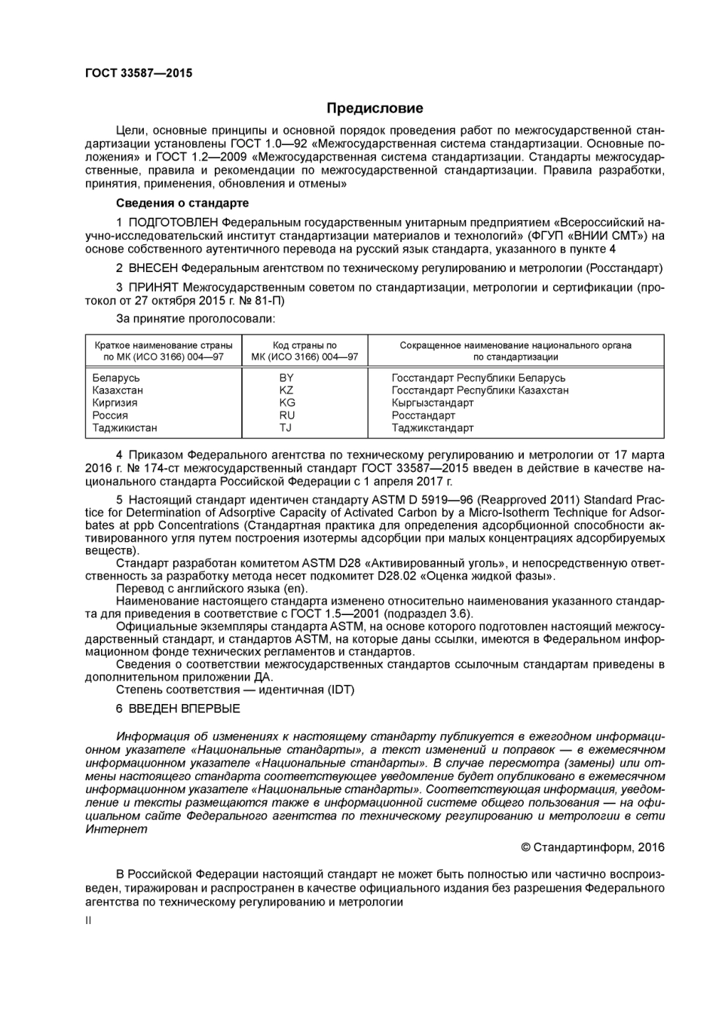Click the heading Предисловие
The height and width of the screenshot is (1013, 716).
pos(375,109)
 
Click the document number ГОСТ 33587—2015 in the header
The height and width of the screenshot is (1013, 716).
pos(139,73)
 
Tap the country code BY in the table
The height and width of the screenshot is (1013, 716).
pos(286,378)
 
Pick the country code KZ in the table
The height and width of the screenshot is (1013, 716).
pos(286,390)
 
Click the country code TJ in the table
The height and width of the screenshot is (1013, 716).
pos(286,427)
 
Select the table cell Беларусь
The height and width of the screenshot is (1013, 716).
pos(116,378)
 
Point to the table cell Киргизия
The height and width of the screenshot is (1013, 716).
pos(115,402)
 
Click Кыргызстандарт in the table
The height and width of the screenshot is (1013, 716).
pos(433,402)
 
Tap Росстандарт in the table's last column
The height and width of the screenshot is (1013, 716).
pos(424,415)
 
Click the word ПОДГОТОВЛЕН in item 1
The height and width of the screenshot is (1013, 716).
pos(174,222)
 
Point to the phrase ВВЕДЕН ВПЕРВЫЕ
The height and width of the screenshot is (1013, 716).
pos(184,708)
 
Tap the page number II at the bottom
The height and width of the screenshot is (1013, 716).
pos(88,920)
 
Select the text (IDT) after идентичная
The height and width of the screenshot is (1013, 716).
pos(341,689)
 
